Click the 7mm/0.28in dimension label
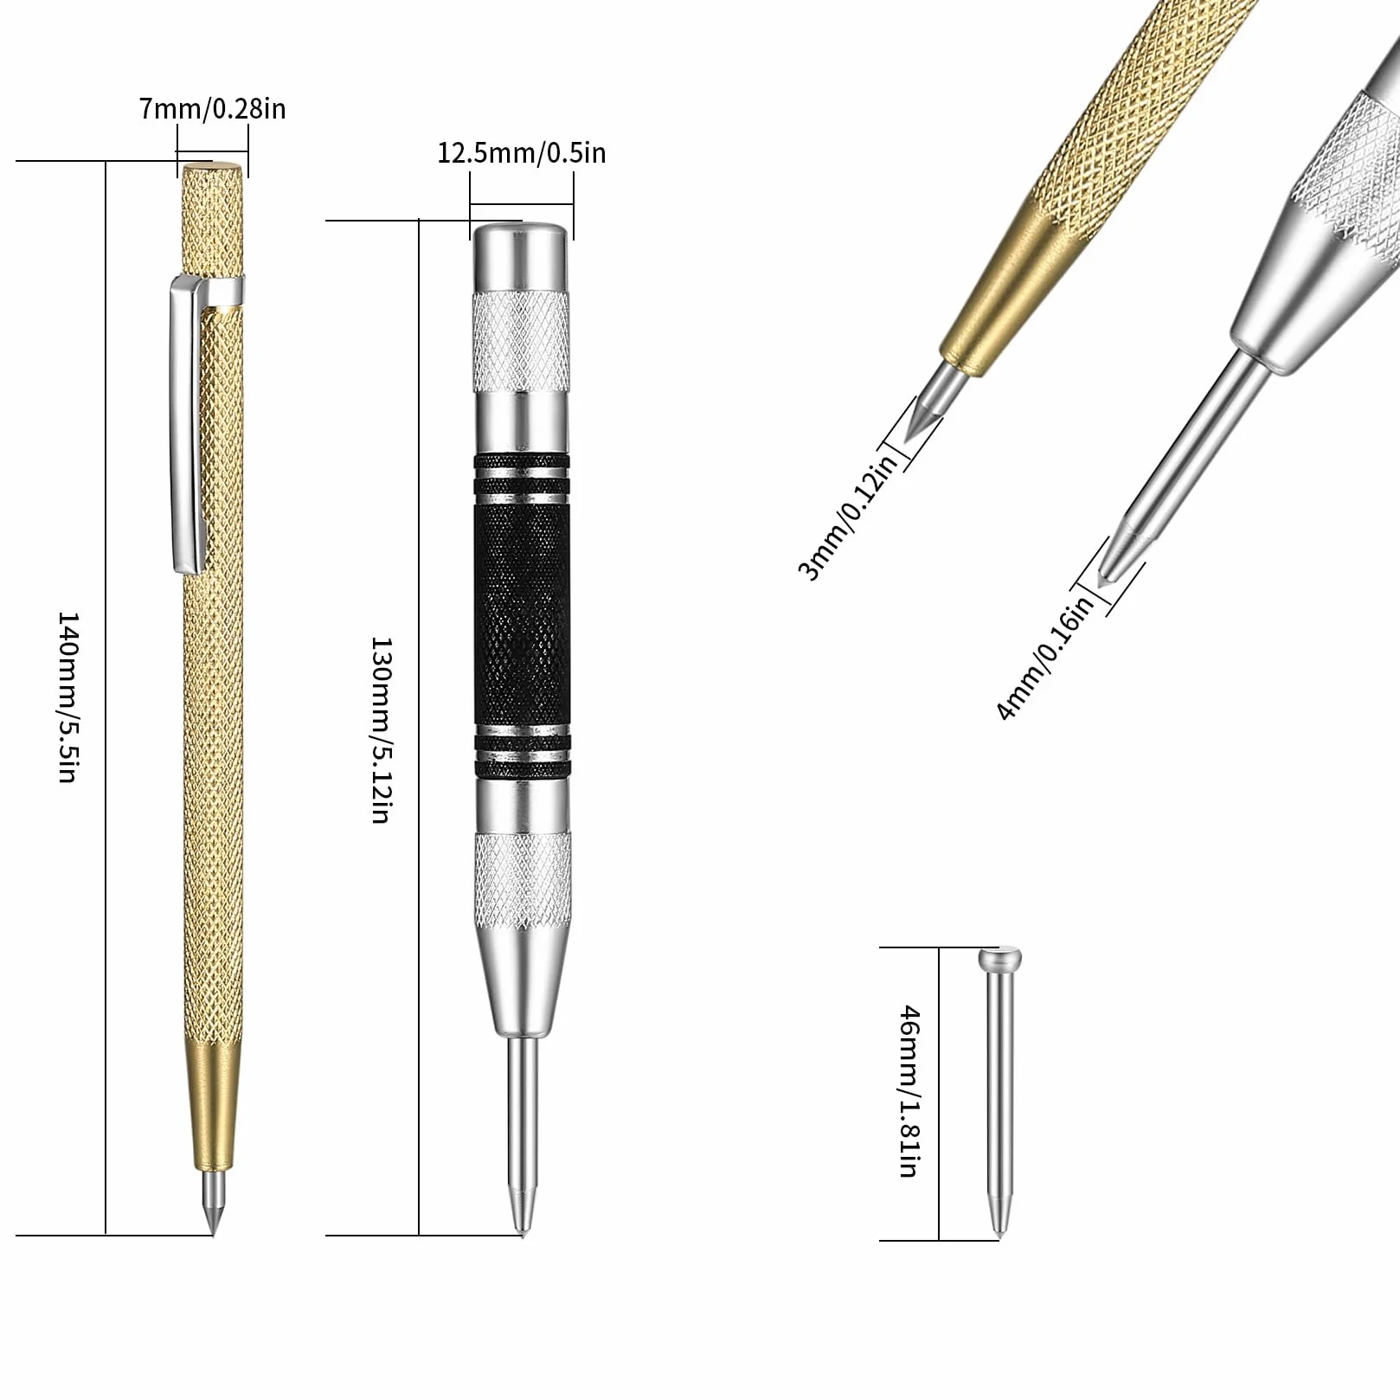point(212,109)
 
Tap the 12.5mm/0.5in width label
point(521,153)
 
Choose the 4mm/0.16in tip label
point(1045,658)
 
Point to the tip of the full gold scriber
point(213,1232)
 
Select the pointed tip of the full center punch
point(522,1232)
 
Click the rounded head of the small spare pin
point(999,960)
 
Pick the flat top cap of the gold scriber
point(212,166)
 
